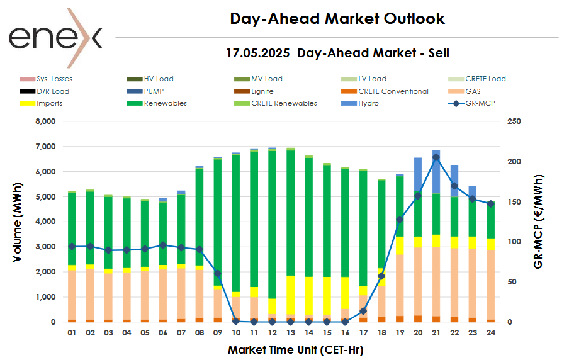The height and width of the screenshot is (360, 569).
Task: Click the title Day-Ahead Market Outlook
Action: pyautogui.click(x=337, y=19)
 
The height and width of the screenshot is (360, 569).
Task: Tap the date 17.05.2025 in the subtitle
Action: pyautogui.click(x=258, y=53)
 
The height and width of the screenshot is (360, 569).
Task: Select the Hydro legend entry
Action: pyautogui.click(x=368, y=103)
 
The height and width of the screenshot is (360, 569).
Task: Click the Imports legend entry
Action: pyautogui.click(x=49, y=103)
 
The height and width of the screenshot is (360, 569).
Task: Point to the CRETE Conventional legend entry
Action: pyautogui.click(x=393, y=91)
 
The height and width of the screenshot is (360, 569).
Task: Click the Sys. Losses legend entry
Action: pyautogui.click(x=54, y=79)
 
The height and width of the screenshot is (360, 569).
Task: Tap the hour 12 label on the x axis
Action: pyautogui.click(x=273, y=332)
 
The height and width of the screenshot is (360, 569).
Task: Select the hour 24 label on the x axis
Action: pyautogui.click(x=491, y=332)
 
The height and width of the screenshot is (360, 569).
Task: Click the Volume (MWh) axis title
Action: pyautogui.click(x=18, y=222)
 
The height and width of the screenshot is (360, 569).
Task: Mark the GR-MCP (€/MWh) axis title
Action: pyautogui.click(x=539, y=222)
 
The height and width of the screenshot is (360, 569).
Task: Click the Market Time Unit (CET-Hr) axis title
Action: pyautogui.click(x=296, y=349)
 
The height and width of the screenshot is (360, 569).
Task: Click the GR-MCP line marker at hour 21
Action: pyautogui.click(x=436, y=157)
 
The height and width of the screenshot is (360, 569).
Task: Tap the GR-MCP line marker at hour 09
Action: pyautogui.click(x=218, y=274)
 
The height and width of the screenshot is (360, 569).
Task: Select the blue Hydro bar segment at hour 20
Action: pyautogui.click(x=418, y=174)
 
